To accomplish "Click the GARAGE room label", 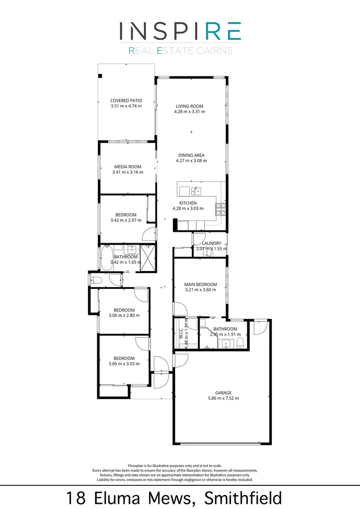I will pyautogui.click(x=224, y=392).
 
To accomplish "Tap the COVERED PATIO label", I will pyautogui.click(x=126, y=100).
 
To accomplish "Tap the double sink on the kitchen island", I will pyautogui.click(x=196, y=190).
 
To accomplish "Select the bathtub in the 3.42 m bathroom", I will pyautogui.click(x=106, y=260).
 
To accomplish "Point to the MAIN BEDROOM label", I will pyautogui.click(x=200, y=284).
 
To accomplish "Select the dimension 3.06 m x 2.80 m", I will pyautogui.click(x=124, y=315).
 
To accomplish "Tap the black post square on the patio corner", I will pyautogui.click(x=100, y=76).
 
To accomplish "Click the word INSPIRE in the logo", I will pyautogui.click(x=180, y=31).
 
